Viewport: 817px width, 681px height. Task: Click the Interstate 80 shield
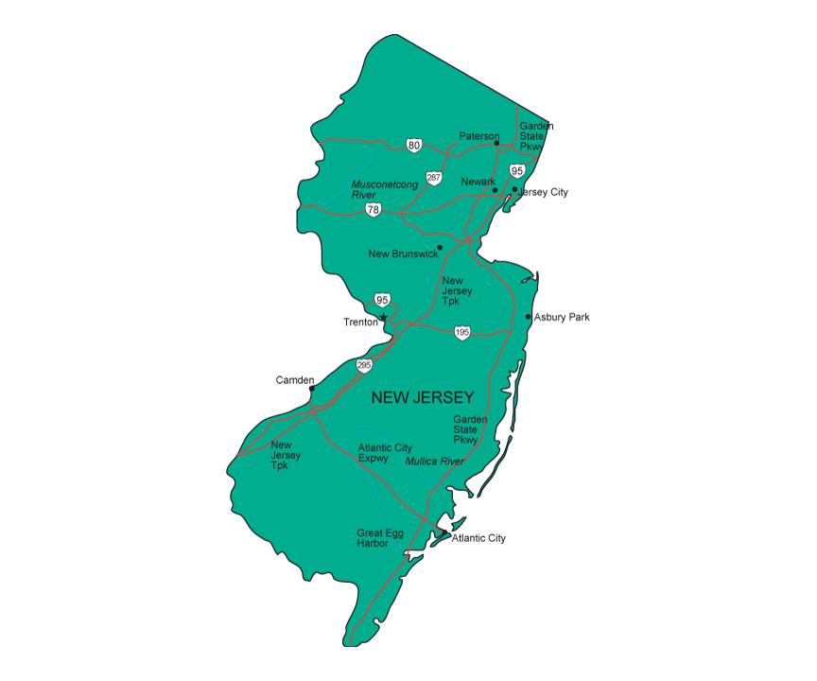(x=414, y=145)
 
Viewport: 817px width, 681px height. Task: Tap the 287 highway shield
(x=433, y=178)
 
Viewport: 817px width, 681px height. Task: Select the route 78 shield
(x=374, y=210)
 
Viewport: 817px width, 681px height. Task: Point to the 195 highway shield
(x=461, y=333)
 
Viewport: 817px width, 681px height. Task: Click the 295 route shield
(x=364, y=365)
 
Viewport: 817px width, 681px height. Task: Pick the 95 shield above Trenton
(x=382, y=300)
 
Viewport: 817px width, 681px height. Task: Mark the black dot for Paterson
(x=496, y=144)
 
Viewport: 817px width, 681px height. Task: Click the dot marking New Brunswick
(x=440, y=248)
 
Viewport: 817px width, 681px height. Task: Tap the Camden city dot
(x=312, y=387)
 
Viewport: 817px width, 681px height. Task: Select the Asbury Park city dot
(x=528, y=317)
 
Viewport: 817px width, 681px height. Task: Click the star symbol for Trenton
(x=384, y=317)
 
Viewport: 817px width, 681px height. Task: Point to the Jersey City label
(x=544, y=192)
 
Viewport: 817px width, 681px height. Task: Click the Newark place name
(x=478, y=181)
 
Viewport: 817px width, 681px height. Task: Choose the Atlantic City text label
(x=478, y=538)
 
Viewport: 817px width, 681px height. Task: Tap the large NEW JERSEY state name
(x=423, y=397)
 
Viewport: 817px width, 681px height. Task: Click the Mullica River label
(x=434, y=462)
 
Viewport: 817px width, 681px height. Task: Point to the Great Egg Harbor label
(x=380, y=538)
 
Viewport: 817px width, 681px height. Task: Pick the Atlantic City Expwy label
(x=385, y=453)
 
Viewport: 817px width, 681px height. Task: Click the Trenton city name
(x=360, y=323)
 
